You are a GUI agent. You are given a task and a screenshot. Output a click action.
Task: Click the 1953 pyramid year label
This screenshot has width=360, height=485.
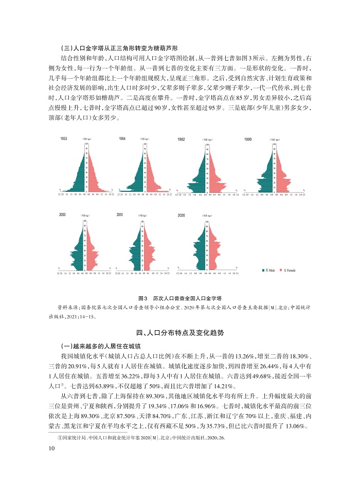[63, 139]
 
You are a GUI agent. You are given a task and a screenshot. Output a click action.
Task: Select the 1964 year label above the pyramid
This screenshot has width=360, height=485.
[122, 139]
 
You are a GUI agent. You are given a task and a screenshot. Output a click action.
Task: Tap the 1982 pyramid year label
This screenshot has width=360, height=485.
[182, 139]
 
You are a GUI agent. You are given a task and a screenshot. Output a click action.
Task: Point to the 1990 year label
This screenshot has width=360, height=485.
[248, 139]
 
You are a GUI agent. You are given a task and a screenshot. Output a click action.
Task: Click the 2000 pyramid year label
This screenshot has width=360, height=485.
[63, 214]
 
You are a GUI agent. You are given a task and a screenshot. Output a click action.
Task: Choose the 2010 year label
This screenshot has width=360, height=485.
[120, 214]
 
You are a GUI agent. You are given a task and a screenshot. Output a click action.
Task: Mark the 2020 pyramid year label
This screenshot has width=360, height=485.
[181, 215]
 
